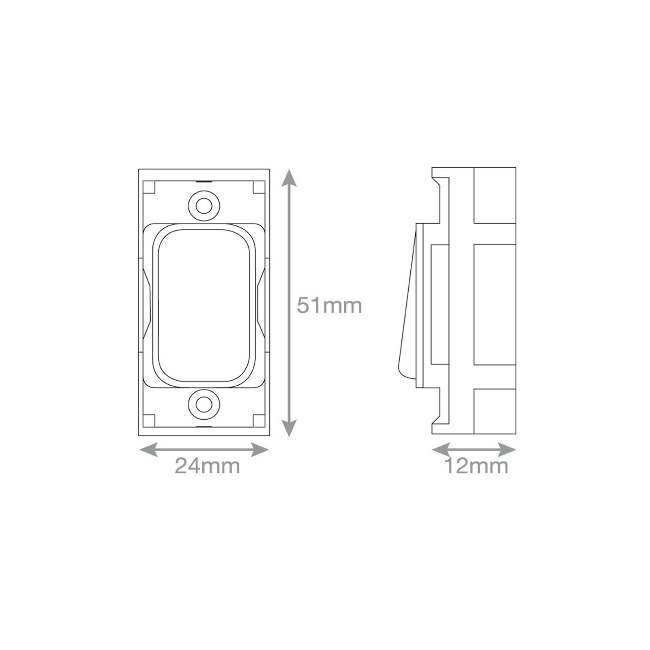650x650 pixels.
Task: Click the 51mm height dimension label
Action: pyautogui.click(x=329, y=305)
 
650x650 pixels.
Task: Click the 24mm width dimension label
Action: pyautogui.click(x=207, y=466)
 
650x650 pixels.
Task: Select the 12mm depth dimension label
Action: pyautogui.click(x=476, y=466)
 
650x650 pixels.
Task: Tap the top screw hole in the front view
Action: pyautogui.click(x=204, y=206)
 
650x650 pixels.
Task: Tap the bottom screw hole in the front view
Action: pyautogui.click(x=204, y=404)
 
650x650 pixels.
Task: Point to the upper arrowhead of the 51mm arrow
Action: pyautogui.click(x=288, y=179)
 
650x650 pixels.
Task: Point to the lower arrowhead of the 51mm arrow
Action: pyautogui.click(x=288, y=427)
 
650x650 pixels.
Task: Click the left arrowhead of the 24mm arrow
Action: pyautogui.click(x=148, y=450)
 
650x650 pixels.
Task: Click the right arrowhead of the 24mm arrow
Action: pyautogui.click(x=260, y=450)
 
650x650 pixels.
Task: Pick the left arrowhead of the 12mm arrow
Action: pyautogui.click(x=441, y=450)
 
